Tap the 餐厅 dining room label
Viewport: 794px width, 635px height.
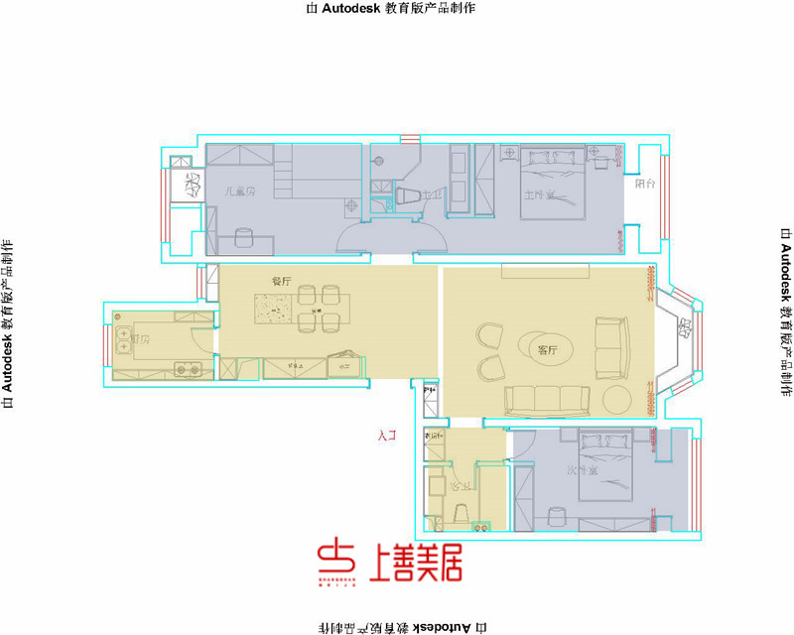coord(281,282)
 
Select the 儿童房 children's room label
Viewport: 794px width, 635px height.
coord(239,191)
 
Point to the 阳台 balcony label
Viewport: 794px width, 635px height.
coord(645,184)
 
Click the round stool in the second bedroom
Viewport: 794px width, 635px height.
coord(555,513)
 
